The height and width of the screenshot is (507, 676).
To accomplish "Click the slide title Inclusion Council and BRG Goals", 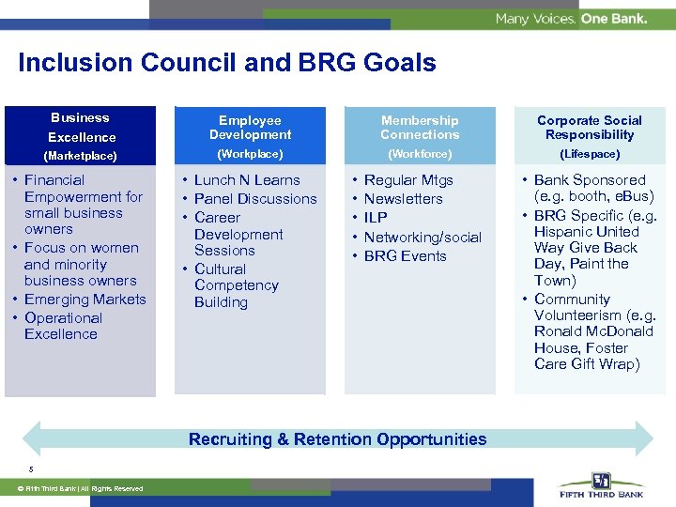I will pos(226,63).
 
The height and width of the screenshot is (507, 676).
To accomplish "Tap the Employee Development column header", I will pos(250,128).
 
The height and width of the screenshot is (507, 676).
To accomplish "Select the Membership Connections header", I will pos(420,128).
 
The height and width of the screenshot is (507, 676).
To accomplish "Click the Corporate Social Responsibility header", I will pos(589,128).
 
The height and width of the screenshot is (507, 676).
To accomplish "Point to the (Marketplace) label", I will pos(80,156).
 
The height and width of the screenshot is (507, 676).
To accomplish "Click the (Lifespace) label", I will pos(589,154).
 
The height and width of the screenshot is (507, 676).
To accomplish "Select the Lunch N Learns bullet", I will pos(247,180).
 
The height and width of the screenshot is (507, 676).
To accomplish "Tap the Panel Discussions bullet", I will pos(255,199).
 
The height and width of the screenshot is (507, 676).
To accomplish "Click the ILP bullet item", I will pos(376,218).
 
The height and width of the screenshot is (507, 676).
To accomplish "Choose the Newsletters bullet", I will pos(403,199).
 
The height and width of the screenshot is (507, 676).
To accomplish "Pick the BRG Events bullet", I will pos(405,256).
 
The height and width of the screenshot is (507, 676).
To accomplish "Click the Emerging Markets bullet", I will pos(85,300).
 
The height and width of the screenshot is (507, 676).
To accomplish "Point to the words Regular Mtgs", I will pos(408,180).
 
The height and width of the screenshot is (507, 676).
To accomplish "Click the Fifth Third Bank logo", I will pos(601,485).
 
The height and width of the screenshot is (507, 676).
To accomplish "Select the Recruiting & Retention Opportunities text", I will pos(337,439).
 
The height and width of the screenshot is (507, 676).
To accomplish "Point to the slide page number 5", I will pos(30,469).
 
